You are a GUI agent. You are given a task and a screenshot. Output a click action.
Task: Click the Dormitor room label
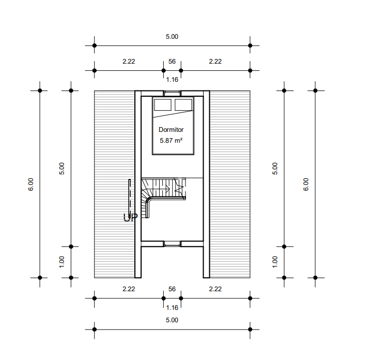[171, 130]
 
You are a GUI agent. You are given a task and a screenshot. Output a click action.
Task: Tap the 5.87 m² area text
[171, 141]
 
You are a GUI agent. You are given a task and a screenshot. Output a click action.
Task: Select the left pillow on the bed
[163, 104]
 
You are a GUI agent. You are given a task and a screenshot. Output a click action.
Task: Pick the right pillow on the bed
[183, 104]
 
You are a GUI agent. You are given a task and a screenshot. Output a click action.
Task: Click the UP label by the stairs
[131, 217]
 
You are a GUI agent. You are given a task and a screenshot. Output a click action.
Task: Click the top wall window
[172, 93]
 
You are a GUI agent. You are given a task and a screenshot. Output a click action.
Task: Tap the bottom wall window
[172, 244]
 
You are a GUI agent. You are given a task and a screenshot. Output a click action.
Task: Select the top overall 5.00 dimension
[172, 37]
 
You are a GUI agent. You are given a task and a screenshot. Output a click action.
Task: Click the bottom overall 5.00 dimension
[172, 320]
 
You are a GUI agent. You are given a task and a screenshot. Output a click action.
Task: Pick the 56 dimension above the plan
[172, 62]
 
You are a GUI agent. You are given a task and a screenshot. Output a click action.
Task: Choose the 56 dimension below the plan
[172, 289]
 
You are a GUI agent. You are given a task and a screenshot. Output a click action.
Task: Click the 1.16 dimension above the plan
[172, 80]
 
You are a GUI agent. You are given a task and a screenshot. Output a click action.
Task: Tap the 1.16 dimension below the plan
[172, 308]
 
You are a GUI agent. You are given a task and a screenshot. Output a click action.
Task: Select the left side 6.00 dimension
[31, 184]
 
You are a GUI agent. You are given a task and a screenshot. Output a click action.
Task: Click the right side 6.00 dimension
[306, 184]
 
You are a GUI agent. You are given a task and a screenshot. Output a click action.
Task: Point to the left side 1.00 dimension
[61, 262]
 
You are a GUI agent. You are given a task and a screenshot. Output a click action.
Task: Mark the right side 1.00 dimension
[275, 262]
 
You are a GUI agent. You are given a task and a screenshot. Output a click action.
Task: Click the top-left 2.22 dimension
[129, 62]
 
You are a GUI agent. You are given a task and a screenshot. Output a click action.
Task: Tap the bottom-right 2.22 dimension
[215, 289]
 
